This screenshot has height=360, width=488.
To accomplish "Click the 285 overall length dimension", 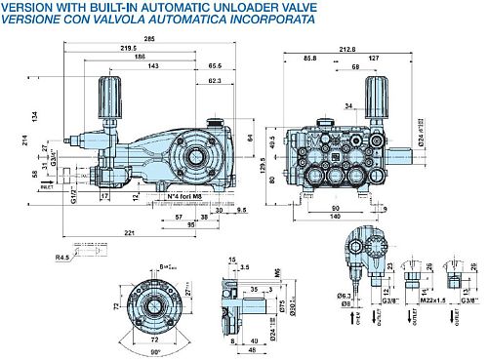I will [x=148, y=38].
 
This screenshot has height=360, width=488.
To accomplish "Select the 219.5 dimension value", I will [x=128, y=48].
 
